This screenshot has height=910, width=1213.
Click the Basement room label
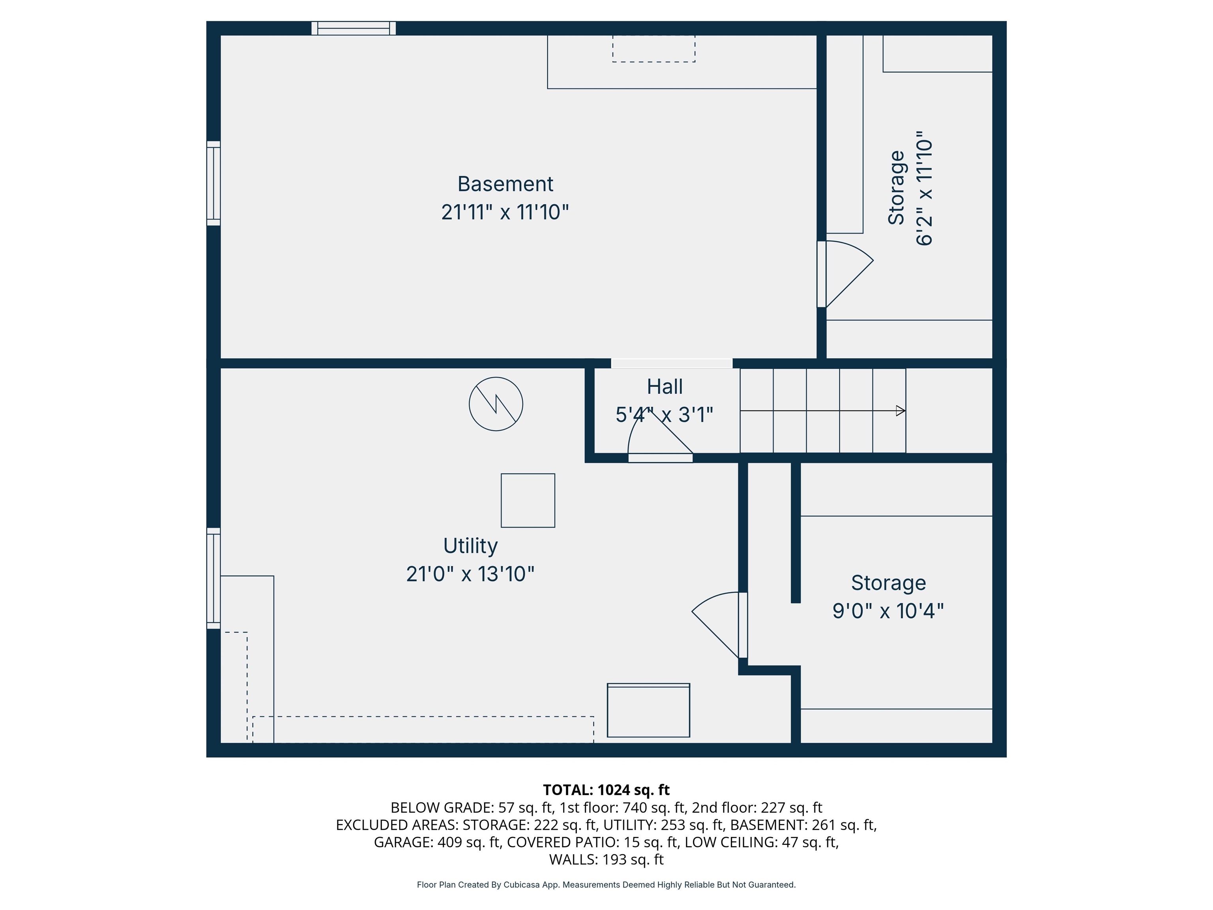pyautogui.click(x=505, y=184)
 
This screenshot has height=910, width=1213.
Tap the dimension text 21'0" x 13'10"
pyautogui.click(x=470, y=574)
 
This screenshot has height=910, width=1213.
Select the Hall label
pyautogui.click(x=665, y=387)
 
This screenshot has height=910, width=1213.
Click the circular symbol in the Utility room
pyautogui.click(x=496, y=404)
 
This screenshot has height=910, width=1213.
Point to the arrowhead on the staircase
pyautogui.click(x=900, y=410)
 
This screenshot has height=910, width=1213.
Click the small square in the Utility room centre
pyautogui.click(x=528, y=500)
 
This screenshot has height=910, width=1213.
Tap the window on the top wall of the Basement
pyautogui.click(x=354, y=28)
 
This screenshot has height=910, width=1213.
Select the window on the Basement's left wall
pyautogui.click(x=213, y=183)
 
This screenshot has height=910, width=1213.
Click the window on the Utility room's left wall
pyautogui.click(x=213, y=578)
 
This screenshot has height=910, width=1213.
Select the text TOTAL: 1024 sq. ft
pyautogui.click(x=606, y=790)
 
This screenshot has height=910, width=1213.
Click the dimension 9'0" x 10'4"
pyautogui.click(x=888, y=611)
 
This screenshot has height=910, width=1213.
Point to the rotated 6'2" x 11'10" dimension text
pyautogui.click(x=924, y=188)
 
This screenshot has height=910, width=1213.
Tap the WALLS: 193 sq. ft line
pyautogui.click(x=606, y=859)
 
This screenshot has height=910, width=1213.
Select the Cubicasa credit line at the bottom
pyautogui.click(x=606, y=885)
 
